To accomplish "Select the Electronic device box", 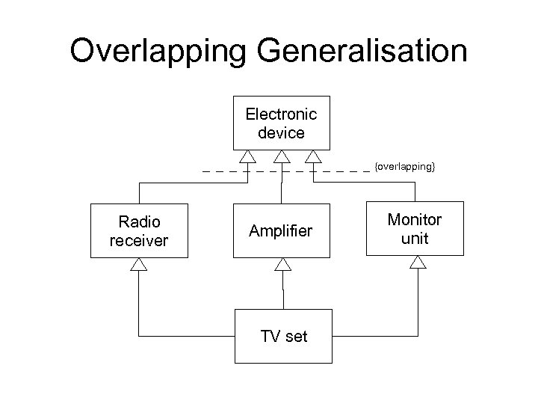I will (x=281, y=123).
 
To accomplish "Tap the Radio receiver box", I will (x=139, y=230).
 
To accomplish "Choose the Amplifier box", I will (x=281, y=230).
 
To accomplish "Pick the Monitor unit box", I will (x=414, y=229).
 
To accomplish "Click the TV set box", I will (x=283, y=336).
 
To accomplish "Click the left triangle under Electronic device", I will (x=248, y=156).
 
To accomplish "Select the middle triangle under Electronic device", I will (x=282, y=156).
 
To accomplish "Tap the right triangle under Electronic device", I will (x=313, y=156).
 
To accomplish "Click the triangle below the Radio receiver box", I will (x=139, y=264).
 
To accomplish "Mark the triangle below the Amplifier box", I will (x=282, y=264).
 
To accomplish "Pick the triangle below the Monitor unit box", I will (x=418, y=263).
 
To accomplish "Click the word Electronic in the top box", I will (x=281, y=114).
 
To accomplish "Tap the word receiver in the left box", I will (x=139, y=240).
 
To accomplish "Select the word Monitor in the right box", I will (x=414, y=220).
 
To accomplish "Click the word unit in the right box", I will (x=415, y=239).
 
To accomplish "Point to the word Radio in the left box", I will (x=139, y=221).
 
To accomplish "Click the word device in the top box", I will (x=281, y=133).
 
